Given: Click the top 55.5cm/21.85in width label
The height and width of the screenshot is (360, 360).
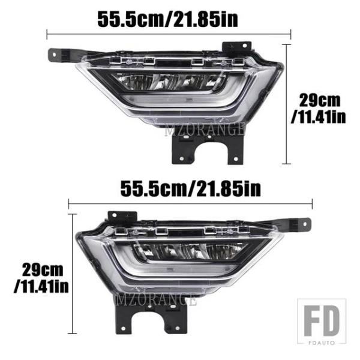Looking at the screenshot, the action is tap(168, 20).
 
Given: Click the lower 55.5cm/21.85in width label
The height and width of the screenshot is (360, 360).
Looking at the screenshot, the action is tap(191, 189).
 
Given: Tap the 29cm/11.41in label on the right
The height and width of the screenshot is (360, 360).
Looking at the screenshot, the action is tap(319, 109).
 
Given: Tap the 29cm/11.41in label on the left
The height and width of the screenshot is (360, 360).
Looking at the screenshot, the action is tap(41, 278).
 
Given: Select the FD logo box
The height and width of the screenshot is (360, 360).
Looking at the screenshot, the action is tap(322, 322).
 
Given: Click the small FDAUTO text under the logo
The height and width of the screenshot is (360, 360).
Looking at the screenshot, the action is tap(322, 343).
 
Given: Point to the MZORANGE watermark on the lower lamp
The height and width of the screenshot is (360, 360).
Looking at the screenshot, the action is tap(156, 300).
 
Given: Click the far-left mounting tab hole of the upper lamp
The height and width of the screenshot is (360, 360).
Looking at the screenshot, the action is tap(54, 55).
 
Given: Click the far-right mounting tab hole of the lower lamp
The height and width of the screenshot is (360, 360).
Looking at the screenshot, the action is tap(305, 224).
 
